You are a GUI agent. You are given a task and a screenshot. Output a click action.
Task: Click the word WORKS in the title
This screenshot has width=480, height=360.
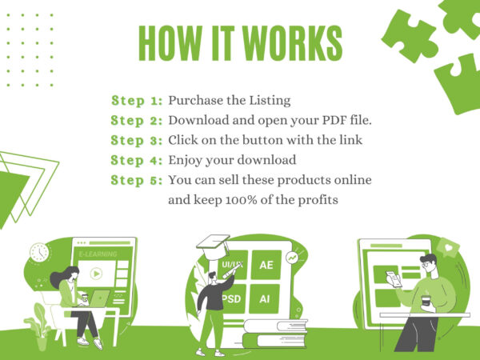(294, 43)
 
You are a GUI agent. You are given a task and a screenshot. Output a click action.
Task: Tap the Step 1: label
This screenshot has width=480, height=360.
(137, 101)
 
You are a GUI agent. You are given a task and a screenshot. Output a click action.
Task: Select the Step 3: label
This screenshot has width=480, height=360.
(137, 141)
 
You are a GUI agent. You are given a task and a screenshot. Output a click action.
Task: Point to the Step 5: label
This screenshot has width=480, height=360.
(137, 180)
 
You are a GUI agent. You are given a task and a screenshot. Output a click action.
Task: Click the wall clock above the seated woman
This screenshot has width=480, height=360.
(39, 253)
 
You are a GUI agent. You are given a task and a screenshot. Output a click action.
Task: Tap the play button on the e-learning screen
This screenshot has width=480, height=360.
(96, 274)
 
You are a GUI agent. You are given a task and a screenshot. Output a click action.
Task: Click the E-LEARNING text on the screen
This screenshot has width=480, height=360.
(98, 254)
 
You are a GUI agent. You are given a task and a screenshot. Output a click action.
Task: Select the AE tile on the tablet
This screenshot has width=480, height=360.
(266, 265)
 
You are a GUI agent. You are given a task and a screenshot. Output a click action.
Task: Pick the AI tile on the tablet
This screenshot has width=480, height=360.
(265, 298)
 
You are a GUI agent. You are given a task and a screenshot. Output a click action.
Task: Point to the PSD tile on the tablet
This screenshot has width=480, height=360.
(234, 298)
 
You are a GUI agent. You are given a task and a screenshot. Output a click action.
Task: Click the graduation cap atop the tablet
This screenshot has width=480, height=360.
(214, 246)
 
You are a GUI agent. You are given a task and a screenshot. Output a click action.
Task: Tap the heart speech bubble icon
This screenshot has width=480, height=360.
(448, 247)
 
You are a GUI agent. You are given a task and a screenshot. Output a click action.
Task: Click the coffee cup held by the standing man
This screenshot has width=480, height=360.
(426, 301)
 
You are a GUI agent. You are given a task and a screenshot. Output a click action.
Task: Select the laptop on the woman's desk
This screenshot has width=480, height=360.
(98, 298)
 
